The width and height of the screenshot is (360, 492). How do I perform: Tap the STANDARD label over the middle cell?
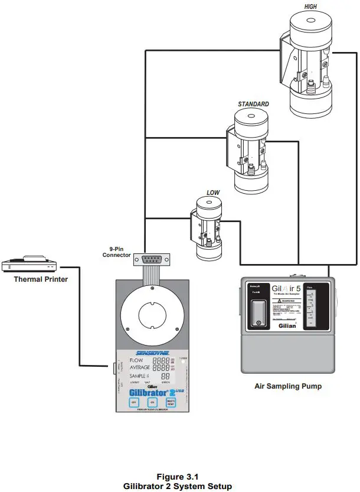point(253,104)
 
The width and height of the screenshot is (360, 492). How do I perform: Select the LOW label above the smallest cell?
point(213,193)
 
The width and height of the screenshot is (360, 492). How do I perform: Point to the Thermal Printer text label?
point(41,279)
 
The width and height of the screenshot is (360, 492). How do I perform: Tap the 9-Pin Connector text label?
point(117,252)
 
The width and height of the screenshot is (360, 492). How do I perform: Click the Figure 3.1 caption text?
point(179,476)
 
